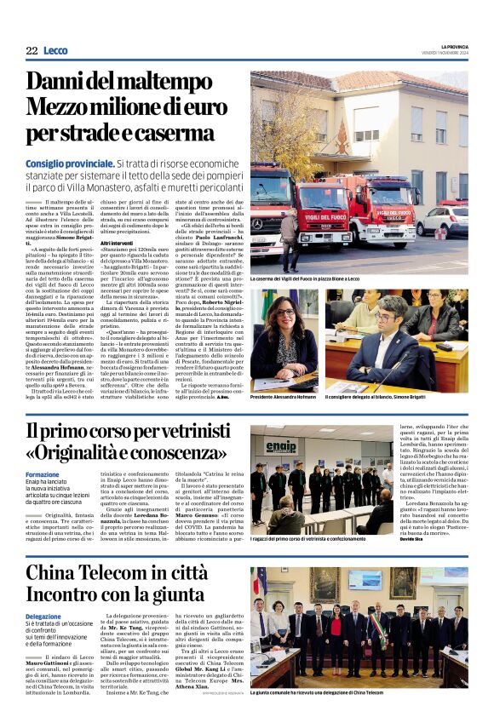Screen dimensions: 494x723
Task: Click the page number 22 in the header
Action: coord(32,51)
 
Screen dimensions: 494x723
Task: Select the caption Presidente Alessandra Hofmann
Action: coord(289,398)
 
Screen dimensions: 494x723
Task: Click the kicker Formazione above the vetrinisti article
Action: coord(43,474)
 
